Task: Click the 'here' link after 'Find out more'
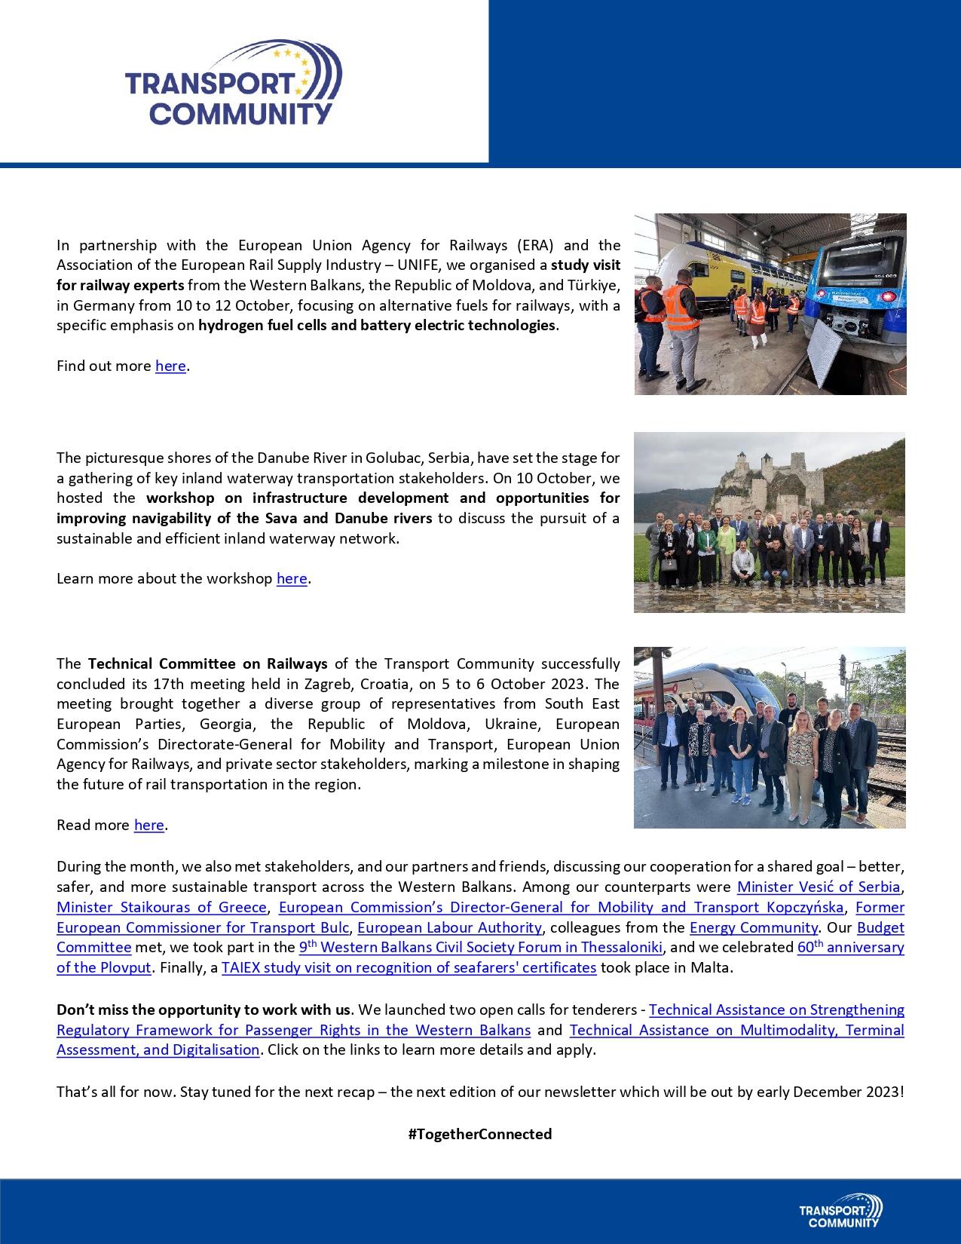tap(170, 366)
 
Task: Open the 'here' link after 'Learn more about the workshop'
tap(292, 579)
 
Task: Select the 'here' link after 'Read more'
tap(149, 826)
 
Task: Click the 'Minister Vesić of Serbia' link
tap(819, 887)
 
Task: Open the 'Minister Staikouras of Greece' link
tap(161, 908)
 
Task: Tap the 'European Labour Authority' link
tap(449, 928)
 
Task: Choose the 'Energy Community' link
tap(753, 928)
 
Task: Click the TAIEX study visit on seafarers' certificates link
tap(409, 968)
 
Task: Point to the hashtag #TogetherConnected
tap(480, 1135)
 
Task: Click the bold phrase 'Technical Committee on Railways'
tap(208, 664)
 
